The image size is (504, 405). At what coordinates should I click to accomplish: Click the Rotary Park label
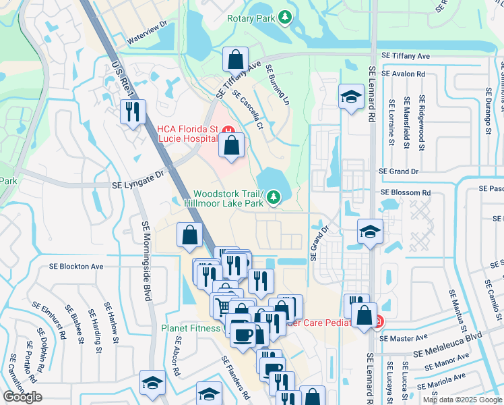point(251,18)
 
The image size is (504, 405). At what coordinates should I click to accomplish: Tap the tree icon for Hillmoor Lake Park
point(274,197)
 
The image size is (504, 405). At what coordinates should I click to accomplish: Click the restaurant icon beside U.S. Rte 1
point(133,111)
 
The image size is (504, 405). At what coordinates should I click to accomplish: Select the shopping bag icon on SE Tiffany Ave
point(236,60)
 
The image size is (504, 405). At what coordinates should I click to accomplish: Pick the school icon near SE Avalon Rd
point(350,98)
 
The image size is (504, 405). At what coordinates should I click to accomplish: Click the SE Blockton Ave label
point(76,267)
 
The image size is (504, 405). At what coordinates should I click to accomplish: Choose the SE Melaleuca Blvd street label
point(448,344)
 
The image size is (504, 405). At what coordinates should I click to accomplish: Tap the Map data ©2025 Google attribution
point(462,400)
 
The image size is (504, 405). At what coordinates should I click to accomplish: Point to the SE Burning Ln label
point(277,84)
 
